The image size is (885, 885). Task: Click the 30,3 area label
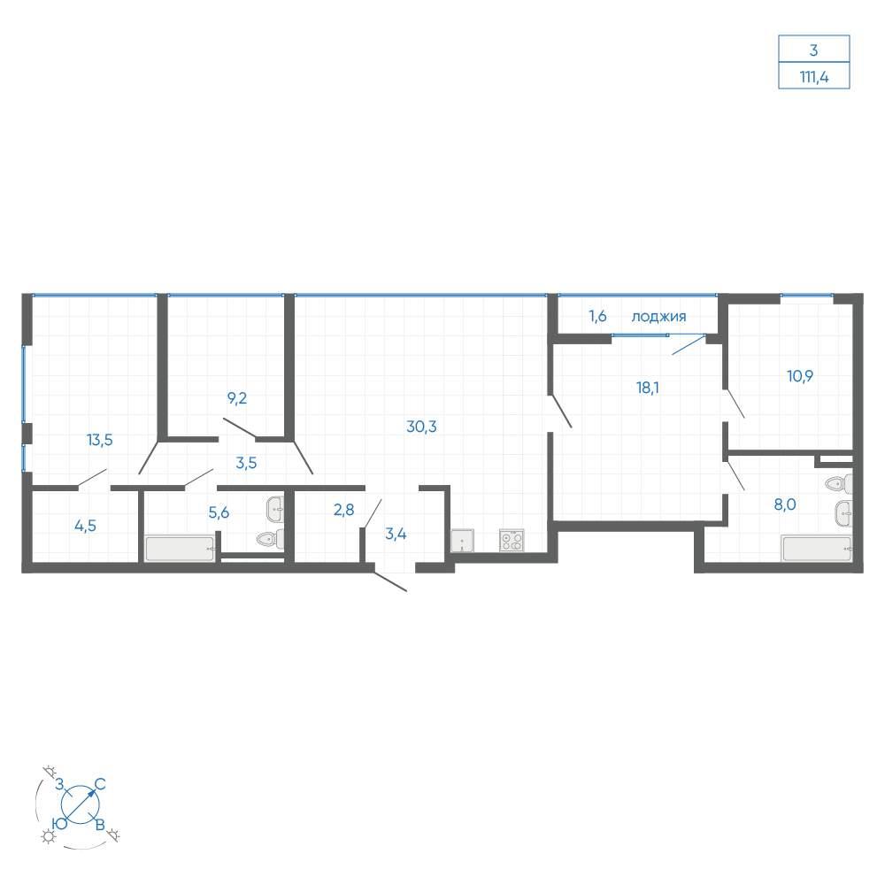pos(421,427)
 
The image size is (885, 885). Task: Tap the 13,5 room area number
pos(99,440)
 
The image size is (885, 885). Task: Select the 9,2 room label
pos(237,398)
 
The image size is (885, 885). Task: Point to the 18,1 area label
pos(648,388)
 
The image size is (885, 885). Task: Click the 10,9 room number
pos(800,376)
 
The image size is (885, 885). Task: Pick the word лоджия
pos(658,317)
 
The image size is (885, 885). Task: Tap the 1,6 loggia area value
pos(597,316)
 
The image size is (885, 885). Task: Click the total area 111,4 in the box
pos(814,77)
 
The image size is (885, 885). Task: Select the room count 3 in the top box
pos(813,50)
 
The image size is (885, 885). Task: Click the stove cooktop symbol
pos(512,540)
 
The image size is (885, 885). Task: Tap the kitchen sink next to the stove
pos(462,540)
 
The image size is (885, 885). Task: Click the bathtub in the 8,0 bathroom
pos(816,549)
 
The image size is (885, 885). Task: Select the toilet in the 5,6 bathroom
pos(270,539)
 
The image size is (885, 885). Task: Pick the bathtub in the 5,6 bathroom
pos(180,549)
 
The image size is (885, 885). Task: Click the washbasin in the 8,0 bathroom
pos(843,513)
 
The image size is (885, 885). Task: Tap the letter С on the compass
pos(100,784)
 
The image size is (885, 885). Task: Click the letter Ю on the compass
pos(59,823)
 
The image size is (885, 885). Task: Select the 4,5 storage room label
pos(85,526)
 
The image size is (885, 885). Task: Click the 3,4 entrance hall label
pos(396,534)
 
